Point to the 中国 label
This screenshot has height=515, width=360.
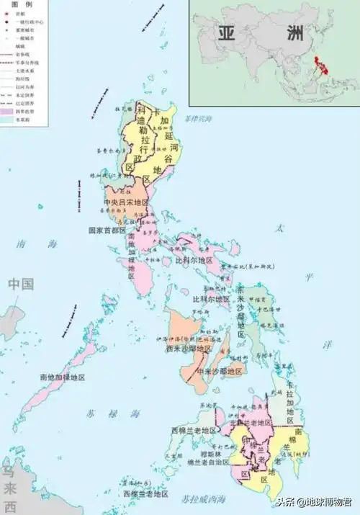click(21, 284)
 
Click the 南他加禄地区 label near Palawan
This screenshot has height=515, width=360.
click(63, 377)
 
